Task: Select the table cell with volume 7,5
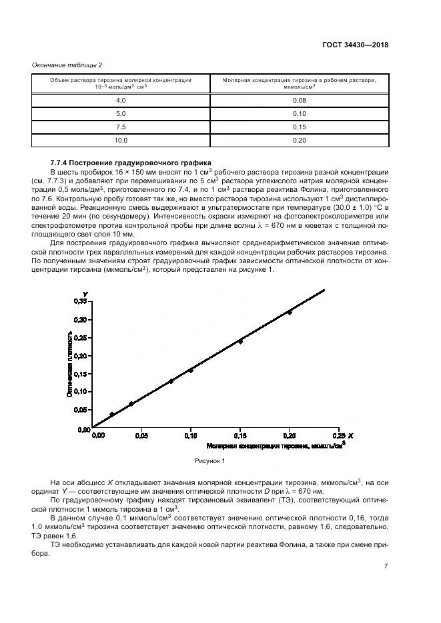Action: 121,127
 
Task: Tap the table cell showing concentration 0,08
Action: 299,100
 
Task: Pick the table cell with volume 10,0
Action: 121,140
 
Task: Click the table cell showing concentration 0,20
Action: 299,140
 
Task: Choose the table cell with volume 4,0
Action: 121,100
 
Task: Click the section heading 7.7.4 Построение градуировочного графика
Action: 130,163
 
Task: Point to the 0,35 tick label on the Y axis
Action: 80,302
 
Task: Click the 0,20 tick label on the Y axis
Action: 80,355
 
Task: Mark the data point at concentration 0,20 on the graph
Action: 290,312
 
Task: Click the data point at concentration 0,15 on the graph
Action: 240,341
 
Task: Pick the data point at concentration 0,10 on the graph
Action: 191,370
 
